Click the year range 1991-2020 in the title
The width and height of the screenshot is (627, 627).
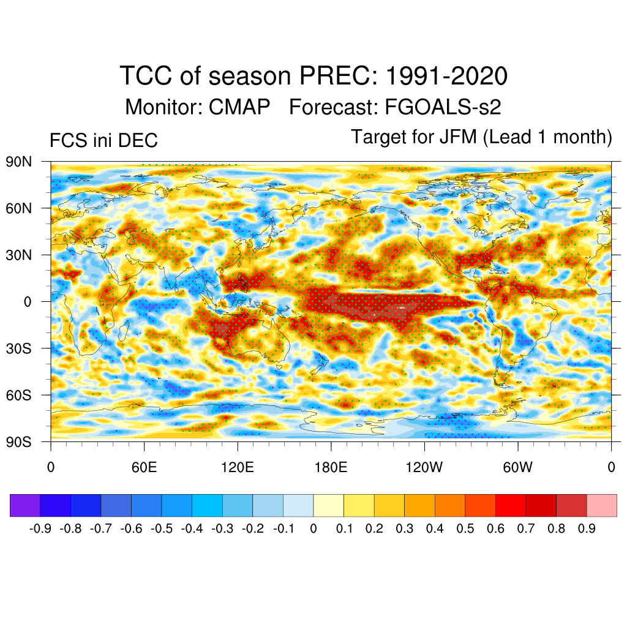click(446, 77)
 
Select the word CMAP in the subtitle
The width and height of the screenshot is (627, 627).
click(239, 107)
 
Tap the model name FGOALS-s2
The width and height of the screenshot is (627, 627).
click(443, 107)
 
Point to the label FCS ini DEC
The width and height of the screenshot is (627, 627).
click(103, 141)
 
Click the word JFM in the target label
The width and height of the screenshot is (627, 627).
click(457, 137)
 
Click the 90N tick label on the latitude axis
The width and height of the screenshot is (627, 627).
click(19, 162)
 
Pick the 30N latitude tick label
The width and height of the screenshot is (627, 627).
click(19, 255)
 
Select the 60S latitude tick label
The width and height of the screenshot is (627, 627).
click(19, 395)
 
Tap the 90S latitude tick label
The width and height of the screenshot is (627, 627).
click(19, 441)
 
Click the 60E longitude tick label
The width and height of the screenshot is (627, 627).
click(144, 468)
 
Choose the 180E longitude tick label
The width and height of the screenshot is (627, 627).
click(331, 468)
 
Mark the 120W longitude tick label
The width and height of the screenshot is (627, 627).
click(424, 468)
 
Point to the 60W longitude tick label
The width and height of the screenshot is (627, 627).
click(518, 468)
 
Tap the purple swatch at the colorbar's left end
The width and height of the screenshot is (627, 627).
click(25, 506)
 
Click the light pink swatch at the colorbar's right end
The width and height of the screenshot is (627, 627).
click(601, 506)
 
